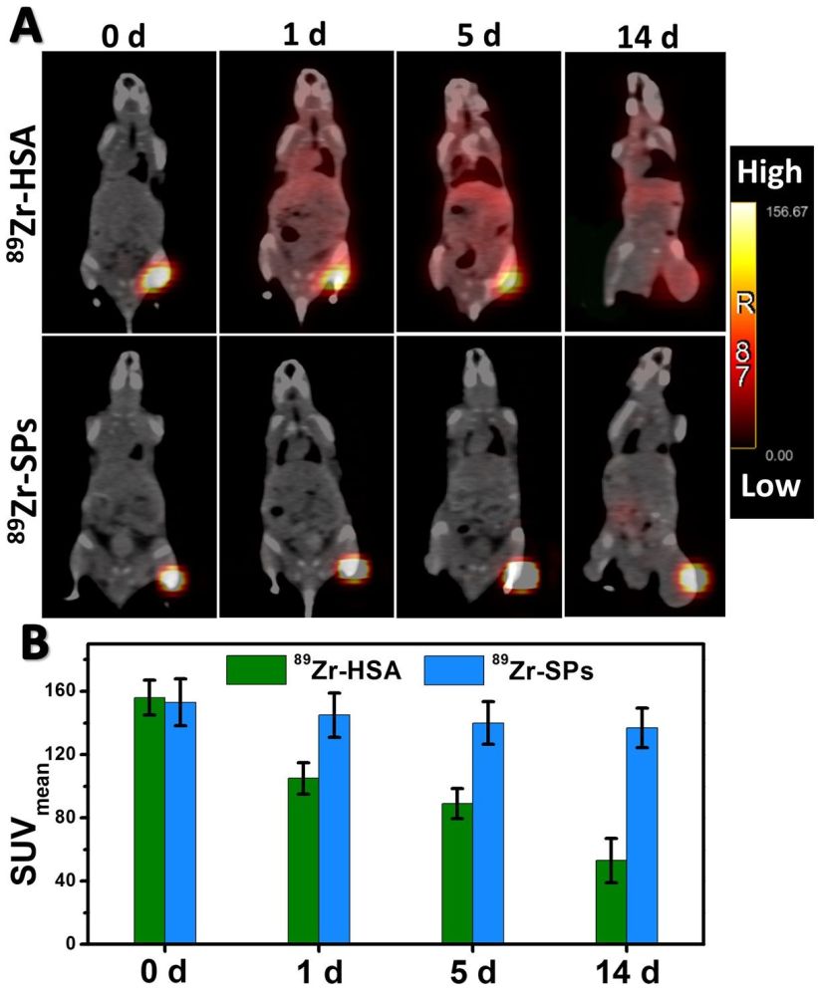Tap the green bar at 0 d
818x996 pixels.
149,821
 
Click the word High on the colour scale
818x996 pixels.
772,172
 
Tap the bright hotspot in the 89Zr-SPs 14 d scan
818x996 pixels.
691,577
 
